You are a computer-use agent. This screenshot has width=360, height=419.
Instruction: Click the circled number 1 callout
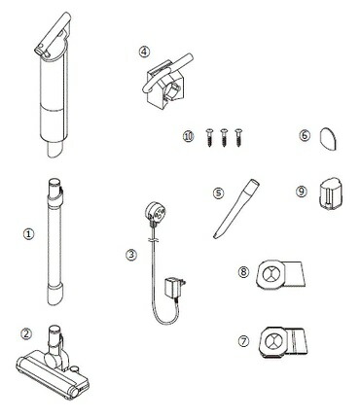29,233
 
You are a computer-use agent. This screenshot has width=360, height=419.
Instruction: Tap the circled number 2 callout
26,333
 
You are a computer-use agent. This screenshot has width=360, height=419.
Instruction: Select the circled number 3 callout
131,255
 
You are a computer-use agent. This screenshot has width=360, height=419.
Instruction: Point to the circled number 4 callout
144,52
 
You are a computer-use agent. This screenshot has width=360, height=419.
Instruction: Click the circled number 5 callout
218,193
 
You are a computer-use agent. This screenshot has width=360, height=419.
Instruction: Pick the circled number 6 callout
305,135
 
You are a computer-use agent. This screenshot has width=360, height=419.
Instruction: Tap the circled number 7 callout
243,341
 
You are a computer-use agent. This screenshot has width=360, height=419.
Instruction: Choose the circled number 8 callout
243,271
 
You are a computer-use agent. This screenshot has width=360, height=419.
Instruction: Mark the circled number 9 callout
302,192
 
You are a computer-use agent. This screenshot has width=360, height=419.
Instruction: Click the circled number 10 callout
188,136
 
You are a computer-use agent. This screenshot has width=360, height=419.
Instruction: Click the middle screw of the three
224,138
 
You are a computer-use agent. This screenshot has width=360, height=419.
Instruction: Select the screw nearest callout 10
209,138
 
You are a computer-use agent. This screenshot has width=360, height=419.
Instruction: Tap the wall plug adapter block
174,287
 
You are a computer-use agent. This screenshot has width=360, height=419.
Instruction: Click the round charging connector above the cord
155,212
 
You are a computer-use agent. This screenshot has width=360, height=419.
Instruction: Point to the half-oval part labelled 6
328,139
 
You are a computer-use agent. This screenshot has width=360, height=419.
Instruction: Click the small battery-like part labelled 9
329,193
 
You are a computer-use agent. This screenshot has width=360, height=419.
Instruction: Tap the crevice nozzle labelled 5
236,208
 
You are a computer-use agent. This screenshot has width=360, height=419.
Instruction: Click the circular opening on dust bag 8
270,274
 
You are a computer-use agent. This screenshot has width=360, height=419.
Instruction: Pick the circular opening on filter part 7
273,340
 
